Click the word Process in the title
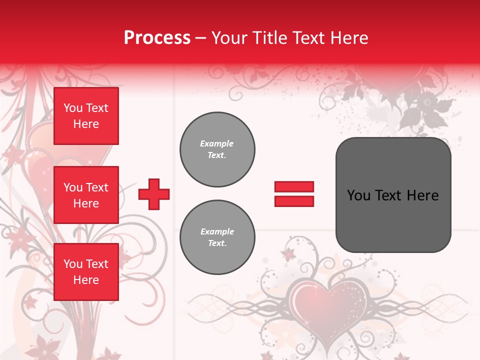(157, 38)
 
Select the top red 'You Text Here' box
(86, 116)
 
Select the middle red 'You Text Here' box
(86, 195)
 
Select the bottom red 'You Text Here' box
(86, 272)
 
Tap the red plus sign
(154, 194)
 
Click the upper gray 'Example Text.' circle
(217, 149)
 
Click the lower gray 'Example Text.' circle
(217, 237)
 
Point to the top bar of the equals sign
(294, 186)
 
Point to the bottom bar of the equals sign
(294, 201)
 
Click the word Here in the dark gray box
(422, 195)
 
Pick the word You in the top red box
(73, 108)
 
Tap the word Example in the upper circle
(217, 143)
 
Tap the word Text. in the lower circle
(217, 243)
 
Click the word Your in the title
(229, 38)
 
